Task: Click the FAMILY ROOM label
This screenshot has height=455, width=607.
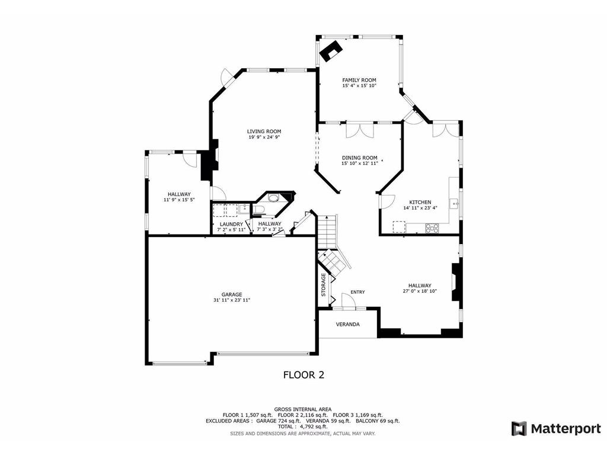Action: point(359,80)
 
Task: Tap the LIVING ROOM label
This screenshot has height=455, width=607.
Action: point(264,132)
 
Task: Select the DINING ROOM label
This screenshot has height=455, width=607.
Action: point(360,158)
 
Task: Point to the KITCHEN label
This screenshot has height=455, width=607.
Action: point(420,203)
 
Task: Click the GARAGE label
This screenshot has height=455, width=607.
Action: point(232,294)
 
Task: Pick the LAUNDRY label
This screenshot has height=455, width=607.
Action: point(232,225)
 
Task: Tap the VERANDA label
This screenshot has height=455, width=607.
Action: point(347,324)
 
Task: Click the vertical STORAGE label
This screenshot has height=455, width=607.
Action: point(324,285)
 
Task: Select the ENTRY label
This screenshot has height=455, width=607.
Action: point(357,292)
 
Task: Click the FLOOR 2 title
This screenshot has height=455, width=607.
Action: point(304,375)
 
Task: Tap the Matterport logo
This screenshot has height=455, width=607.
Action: point(556,429)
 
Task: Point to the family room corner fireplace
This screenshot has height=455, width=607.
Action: point(330,51)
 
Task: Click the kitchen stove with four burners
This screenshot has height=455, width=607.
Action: point(432,228)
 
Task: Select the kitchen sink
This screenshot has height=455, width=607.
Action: point(454,203)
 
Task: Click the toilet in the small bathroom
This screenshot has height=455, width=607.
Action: point(258,210)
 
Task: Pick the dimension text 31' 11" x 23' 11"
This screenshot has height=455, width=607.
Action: point(232,300)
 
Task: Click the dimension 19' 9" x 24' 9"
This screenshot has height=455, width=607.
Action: point(264,137)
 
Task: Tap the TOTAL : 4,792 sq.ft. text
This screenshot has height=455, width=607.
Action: point(302,427)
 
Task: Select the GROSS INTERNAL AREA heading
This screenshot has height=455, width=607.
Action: point(303,409)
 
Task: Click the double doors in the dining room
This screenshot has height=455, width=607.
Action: point(360,130)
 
